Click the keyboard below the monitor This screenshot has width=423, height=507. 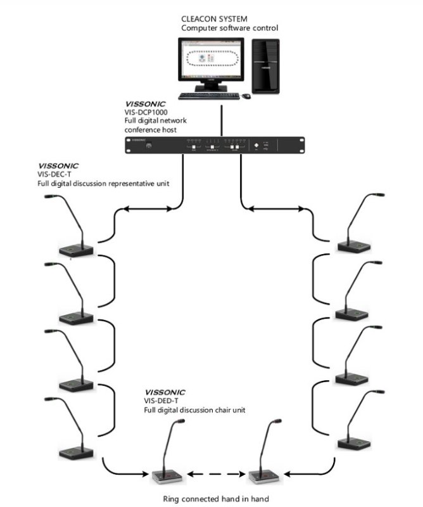(207, 96)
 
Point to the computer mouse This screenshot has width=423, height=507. (245, 96)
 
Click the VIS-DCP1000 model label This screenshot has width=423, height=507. (146, 112)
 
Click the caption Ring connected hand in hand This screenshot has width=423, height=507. (216, 499)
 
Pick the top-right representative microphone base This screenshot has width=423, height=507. (352, 245)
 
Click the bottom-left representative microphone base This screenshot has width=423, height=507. (77, 451)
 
